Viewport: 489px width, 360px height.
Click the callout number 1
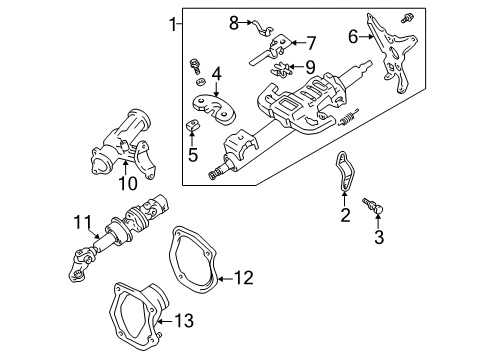(x=173, y=22)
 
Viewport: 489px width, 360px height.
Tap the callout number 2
(x=345, y=214)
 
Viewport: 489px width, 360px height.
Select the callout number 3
(x=378, y=237)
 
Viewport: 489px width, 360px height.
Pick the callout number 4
(x=215, y=72)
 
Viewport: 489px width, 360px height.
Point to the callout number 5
(x=192, y=155)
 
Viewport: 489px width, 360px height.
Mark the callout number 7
(x=310, y=43)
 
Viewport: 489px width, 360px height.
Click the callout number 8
(x=234, y=21)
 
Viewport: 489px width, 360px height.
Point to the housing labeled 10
(x=117, y=145)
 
